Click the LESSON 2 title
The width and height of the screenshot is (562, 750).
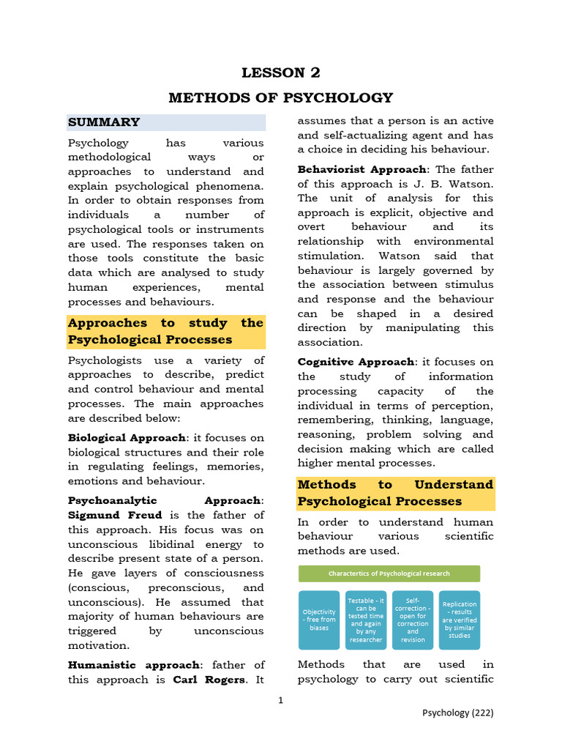(281, 73)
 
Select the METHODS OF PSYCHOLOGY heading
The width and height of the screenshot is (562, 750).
(281, 97)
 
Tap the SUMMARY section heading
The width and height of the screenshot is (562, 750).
(104, 122)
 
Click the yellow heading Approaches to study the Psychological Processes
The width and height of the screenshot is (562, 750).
(165, 331)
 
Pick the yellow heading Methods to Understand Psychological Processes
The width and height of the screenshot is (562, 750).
(395, 493)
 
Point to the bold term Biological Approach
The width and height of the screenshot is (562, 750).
(127, 438)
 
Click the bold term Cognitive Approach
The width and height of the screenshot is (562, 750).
(356, 363)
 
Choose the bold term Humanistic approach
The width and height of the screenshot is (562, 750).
(133, 665)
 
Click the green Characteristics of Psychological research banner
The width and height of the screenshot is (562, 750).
(389, 573)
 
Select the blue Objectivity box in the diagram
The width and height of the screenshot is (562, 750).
(319, 620)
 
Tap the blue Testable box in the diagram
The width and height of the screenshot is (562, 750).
(366, 620)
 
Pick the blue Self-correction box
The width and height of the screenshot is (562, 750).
(413, 620)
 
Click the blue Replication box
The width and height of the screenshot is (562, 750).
(460, 620)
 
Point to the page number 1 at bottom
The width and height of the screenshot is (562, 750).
(280, 701)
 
